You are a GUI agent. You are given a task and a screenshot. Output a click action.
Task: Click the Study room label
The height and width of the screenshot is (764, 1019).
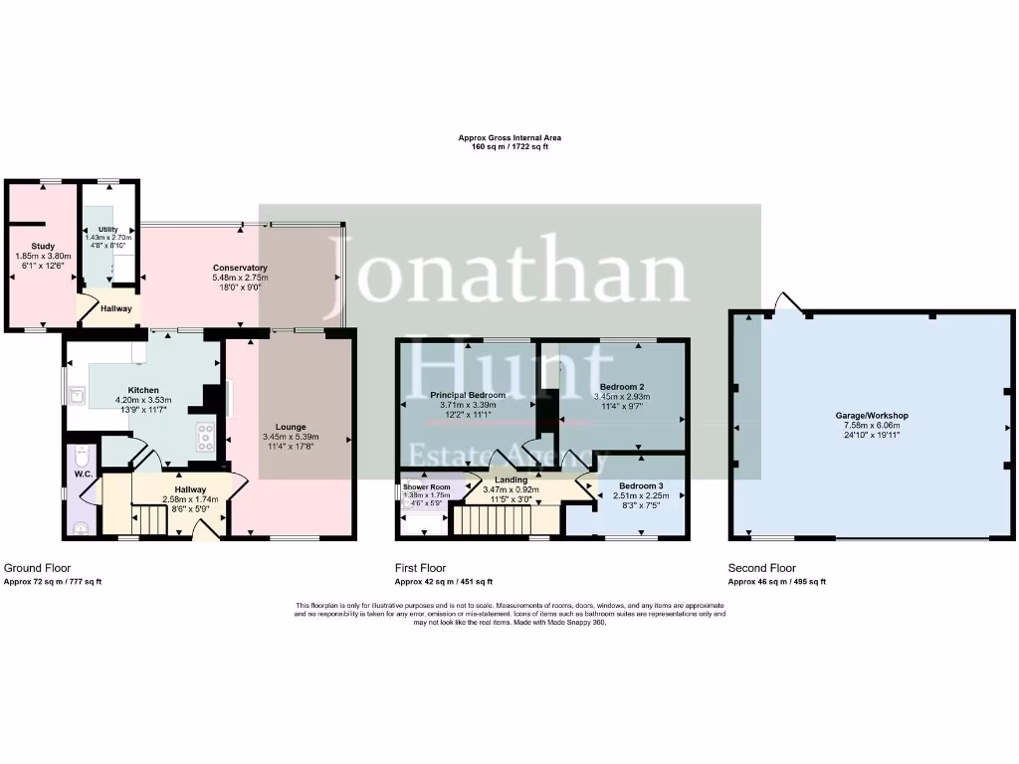42,246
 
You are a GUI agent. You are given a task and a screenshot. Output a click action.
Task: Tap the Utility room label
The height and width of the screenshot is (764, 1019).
107,230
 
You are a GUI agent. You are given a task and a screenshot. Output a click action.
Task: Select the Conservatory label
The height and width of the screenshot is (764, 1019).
240,268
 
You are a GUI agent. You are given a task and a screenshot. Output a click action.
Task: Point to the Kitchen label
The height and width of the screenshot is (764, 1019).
143,390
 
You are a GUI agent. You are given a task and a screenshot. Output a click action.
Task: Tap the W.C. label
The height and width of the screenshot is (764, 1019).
84,474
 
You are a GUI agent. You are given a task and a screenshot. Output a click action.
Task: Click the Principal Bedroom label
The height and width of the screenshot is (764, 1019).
468,395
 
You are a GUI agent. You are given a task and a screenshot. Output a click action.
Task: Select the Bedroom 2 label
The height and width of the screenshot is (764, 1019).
622,386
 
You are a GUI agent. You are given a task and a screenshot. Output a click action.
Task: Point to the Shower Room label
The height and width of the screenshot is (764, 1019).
427,486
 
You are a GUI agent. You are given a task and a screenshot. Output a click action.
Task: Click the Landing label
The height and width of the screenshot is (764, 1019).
511,480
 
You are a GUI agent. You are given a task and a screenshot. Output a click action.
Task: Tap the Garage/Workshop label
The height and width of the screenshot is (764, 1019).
872,415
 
